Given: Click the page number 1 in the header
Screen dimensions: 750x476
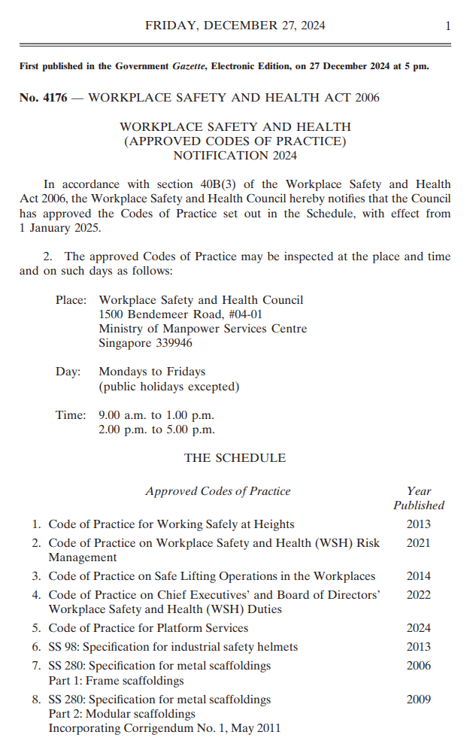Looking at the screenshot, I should coord(447,26).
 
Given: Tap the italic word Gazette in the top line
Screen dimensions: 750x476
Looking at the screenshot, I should coord(190,66).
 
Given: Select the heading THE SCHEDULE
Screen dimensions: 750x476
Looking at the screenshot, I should coord(235,457).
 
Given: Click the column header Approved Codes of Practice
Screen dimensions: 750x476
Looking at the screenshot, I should coord(217,491).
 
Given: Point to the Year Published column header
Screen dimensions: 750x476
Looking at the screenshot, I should coord(419,498).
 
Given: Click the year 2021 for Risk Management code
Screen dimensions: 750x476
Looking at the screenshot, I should coord(419,542).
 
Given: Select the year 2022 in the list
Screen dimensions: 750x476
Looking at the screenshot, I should coord(419,594).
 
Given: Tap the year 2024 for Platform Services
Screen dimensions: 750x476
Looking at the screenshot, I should coord(419,627).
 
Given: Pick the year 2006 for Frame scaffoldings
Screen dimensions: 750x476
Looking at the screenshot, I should coord(419,665).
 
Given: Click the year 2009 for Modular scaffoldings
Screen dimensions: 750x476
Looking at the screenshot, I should coord(419,699).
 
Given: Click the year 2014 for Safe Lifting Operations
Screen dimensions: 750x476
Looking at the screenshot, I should coord(419,576).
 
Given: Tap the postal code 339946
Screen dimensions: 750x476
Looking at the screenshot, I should coord(171,343).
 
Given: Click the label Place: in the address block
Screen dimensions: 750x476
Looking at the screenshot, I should coord(71,300).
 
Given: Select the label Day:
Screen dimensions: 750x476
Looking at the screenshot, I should coord(68,372).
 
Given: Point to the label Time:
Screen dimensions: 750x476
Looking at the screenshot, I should coord(71,415).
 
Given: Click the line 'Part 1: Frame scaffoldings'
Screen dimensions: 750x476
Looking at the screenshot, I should coord(116,681).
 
